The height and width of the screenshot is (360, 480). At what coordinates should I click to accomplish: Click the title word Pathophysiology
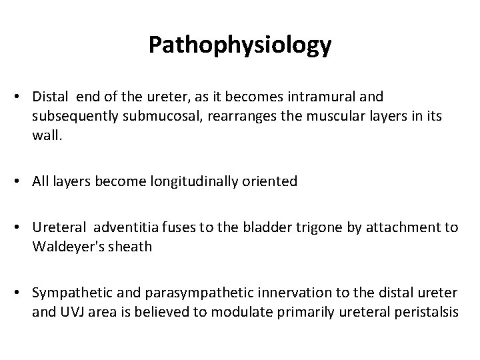[x=240, y=45]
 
